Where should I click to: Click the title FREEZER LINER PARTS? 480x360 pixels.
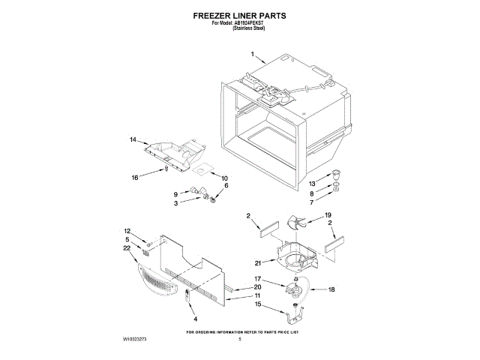239,14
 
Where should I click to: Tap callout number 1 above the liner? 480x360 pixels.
253,54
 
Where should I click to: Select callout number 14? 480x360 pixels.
133,140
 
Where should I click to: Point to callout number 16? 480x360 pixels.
135,178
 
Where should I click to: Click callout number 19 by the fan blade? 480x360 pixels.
328,215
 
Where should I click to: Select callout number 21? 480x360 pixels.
259,263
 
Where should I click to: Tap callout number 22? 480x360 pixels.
127,248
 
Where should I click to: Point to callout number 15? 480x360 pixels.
257,304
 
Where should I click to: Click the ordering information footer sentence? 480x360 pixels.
242,331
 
